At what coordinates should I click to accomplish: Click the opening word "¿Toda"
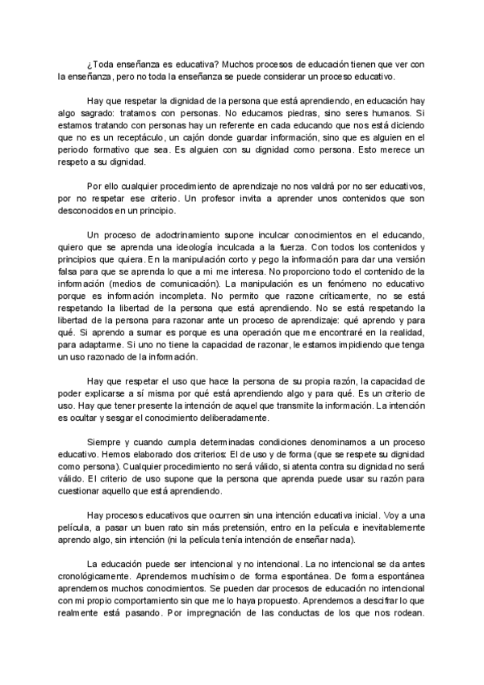(99, 64)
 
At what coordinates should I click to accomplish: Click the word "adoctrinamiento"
(170, 236)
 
